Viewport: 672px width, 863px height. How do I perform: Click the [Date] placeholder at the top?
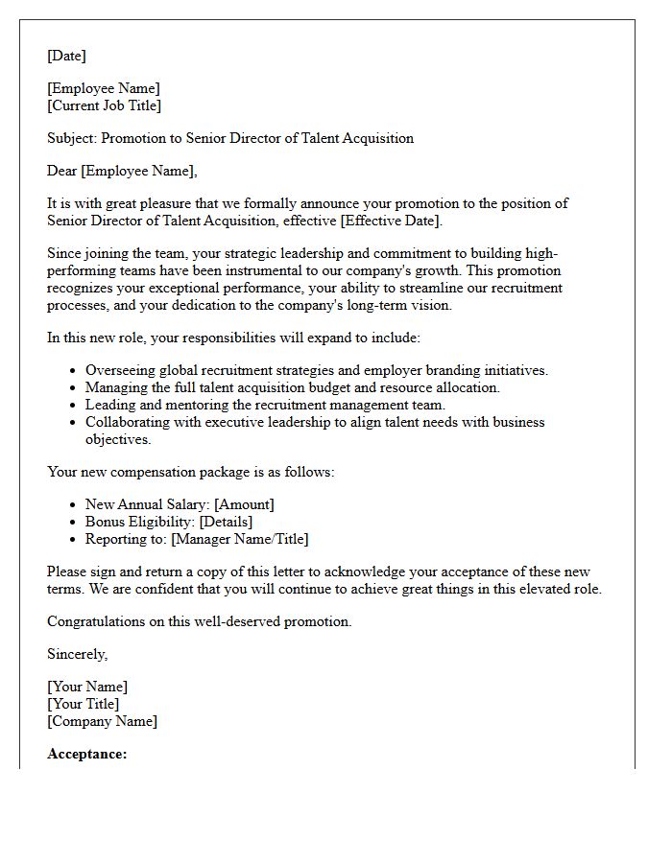pyautogui.click(x=66, y=56)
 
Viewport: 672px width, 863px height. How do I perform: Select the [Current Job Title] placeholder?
pyautogui.click(x=105, y=105)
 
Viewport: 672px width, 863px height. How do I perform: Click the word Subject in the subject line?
pyautogui.click(x=72, y=138)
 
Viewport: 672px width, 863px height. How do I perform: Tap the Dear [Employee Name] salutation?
pyautogui.click(x=122, y=171)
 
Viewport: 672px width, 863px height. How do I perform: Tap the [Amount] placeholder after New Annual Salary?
pyautogui.click(x=244, y=504)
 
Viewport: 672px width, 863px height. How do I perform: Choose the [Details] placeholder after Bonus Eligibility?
pyautogui.click(x=226, y=522)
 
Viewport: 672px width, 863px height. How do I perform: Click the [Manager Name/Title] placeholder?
pyautogui.click(x=240, y=539)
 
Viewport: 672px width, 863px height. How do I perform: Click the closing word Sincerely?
pyautogui.click(x=77, y=654)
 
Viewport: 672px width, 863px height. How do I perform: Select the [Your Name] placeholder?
pyautogui.click(x=87, y=687)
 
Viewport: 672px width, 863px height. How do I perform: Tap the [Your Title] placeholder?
pyautogui.click(x=84, y=704)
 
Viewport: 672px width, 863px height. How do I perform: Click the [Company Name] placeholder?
pyautogui.click(x=103, y=721)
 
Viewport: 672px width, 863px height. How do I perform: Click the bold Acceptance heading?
pyautogui.click(x=86, y=754)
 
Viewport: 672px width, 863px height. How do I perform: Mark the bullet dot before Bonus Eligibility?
pyautogui.click(x=73, y=523)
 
